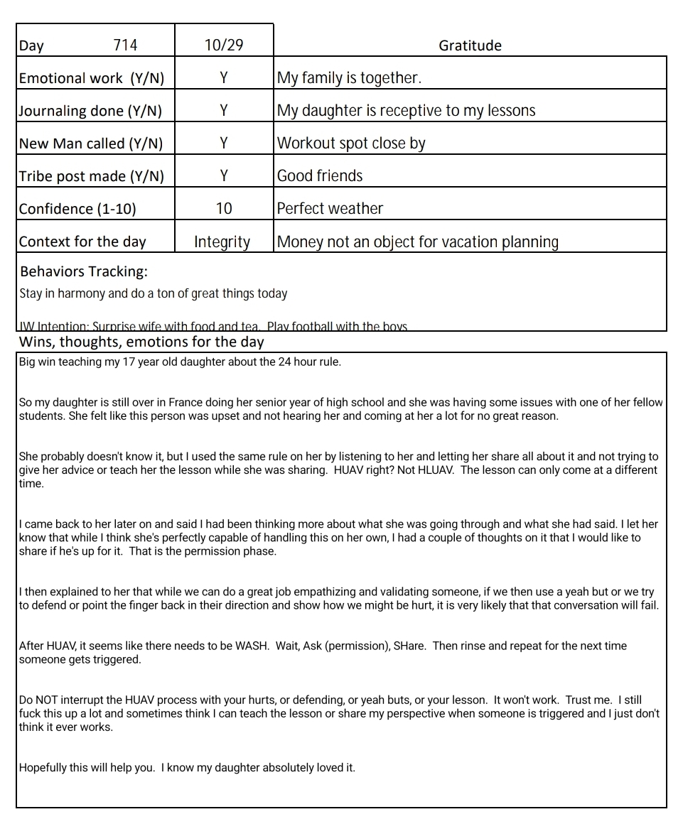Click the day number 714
[125, 45]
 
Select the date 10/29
[223, 45]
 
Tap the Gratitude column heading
[470, 45]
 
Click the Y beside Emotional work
[224, 78]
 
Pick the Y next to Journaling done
[224, 111]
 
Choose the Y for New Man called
[224, 143]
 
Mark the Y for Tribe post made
[224, 176]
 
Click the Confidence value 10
[224, 209]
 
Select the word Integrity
[222, 242]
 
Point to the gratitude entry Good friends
[320, 176]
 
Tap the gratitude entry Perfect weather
[330, 209]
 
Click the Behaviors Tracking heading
[84, 272]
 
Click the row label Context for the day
[82, 242]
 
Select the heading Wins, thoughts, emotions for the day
[141, 342]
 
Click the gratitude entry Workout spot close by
[351, 143]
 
